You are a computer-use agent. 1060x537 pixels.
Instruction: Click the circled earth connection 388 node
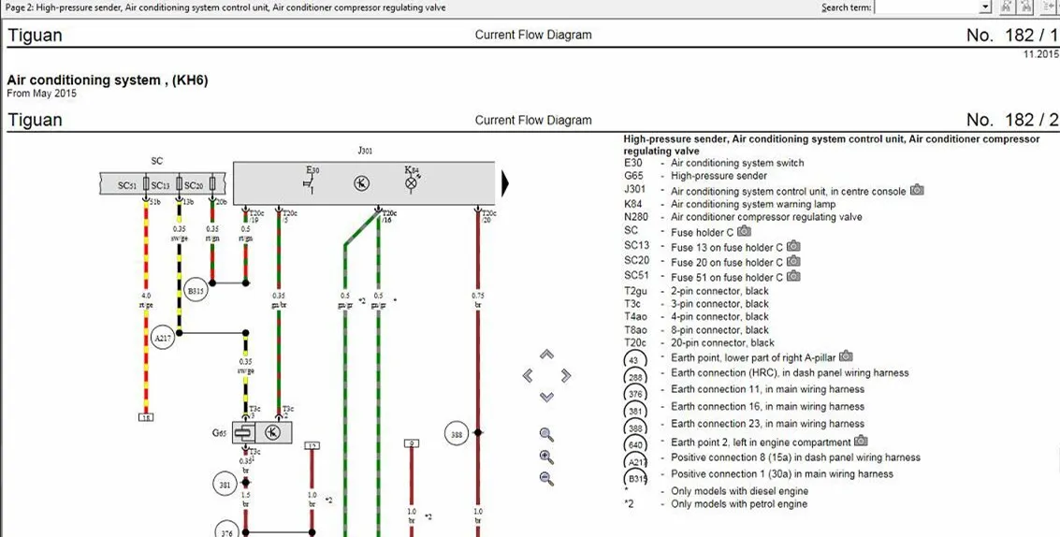tap(457, 434)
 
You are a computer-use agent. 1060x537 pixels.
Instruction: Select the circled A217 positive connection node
tap(163, 339)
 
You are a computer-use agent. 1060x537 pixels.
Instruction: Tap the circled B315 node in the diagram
tap(196, 290)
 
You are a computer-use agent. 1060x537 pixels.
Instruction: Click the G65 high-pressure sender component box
tap(261, 432)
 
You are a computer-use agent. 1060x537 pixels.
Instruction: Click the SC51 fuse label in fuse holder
tap(127, 185)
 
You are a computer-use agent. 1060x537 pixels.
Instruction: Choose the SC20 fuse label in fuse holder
tap(194, 185)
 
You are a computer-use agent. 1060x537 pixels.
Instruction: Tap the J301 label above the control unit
tap(364, 150)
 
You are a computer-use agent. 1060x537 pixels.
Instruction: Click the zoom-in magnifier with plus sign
tap(546, 457)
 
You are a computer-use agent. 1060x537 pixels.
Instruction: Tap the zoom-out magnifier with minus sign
tap(546, 478)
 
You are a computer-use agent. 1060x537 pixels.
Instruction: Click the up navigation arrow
tap(547, 355)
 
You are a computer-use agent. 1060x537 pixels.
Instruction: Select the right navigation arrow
tap(566, 375)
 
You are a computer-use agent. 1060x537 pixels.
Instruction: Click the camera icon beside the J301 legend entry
tap(917, 190)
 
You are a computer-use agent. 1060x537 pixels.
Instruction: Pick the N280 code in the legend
tap(636, 217)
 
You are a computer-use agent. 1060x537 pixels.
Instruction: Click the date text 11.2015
tap(1040, 54)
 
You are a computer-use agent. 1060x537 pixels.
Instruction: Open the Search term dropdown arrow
tap(985, 7)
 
